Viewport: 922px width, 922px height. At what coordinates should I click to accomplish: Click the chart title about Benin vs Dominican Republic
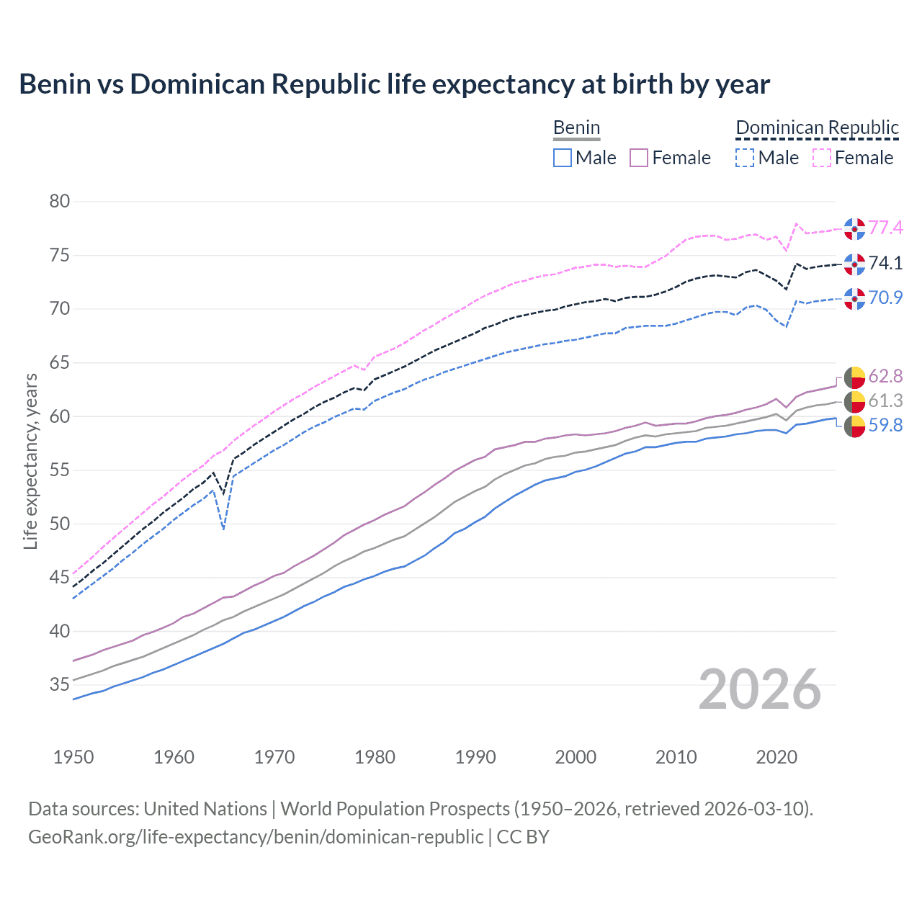coord(394,84)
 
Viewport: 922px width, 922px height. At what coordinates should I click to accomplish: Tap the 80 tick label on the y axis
coord(60,202)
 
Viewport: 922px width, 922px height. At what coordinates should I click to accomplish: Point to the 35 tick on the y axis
coord(60,685)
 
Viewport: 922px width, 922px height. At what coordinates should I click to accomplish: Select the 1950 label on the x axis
coord(73,757)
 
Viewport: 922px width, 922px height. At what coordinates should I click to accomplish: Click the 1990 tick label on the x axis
coord(475,757)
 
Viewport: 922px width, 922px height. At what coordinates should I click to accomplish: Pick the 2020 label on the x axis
coord(776,757)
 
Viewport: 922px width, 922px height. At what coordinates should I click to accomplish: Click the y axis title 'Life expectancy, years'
coord(30,461)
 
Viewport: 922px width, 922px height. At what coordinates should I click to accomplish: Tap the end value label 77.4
coord(885,228)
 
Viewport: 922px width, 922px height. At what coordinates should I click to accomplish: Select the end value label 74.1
coord(885,264)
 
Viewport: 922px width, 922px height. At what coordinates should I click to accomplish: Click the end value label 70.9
coord(885,297)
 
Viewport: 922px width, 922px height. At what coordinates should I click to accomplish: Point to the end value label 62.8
coord(885,377)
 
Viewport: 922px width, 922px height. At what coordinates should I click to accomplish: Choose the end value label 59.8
coord(885,426)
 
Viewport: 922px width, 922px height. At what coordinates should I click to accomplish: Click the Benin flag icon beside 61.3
coord(854,402)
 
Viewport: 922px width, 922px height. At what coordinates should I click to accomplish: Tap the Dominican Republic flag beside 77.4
coord(854,228)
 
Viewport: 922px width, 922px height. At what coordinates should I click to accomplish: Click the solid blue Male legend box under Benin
coord(563,158)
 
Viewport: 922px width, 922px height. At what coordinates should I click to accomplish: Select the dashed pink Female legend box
coord(822,158)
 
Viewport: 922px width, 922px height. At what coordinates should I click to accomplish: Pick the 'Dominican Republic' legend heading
coord(817,127)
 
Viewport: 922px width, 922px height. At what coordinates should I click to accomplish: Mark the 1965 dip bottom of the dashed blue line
coord(224,529)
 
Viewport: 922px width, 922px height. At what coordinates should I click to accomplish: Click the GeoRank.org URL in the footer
coord(256,837)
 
